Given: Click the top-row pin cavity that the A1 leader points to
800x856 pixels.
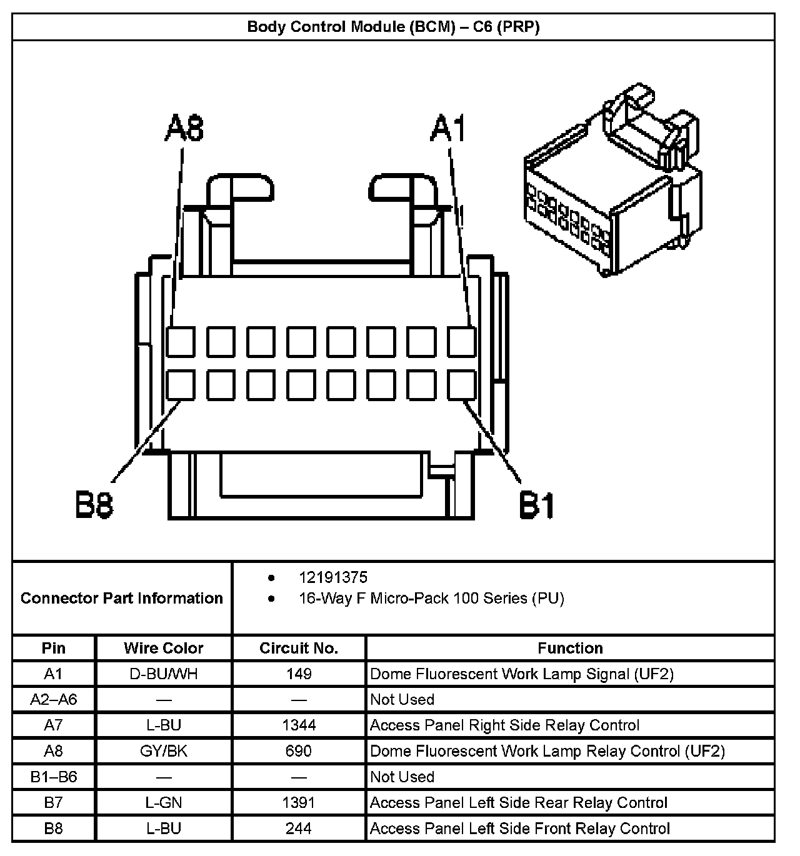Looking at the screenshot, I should [x=462, y=341].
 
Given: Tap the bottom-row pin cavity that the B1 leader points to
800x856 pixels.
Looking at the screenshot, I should [x=462, y=385].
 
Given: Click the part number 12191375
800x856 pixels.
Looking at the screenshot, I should [x=333, y=577].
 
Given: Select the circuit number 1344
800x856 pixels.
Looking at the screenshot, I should [x=299, y=725].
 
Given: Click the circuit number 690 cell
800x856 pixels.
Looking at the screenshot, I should [x=299, y=750].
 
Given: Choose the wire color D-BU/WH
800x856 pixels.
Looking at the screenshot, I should [x=164, y=674].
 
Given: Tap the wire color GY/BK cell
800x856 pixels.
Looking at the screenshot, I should [x=164, y=750].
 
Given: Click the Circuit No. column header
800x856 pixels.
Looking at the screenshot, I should [x=299, y=648].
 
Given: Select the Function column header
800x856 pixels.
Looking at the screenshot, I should [x=570, y=648].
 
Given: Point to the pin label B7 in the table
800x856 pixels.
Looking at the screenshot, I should [x=54, y=802].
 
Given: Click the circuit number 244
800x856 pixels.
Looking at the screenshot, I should [x=299, y=829].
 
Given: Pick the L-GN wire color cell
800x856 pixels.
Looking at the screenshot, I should [x=164, y=802].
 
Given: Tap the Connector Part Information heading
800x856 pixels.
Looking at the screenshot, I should [x=122, y=598].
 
